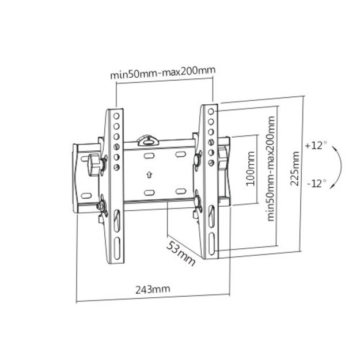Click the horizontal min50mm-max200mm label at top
tap(164, 74)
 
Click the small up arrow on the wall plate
tap(149, 173)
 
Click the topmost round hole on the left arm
tap(116, 114)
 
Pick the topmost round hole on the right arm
tap(211, 109)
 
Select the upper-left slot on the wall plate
tap(149, 156)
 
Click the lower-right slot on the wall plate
tap(180, 191)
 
